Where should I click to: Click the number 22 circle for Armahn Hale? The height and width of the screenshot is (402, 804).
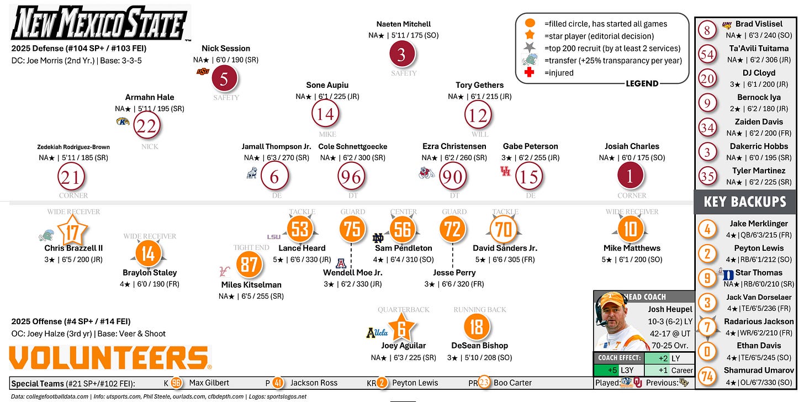[147, 126]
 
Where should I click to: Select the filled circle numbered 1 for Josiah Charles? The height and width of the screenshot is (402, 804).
[630, 177]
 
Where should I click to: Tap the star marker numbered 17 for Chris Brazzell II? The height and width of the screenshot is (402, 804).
[72, 231]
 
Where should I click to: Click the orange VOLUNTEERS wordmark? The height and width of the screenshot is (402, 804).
[110, 358]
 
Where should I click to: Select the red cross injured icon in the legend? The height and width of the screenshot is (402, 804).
[530, 72]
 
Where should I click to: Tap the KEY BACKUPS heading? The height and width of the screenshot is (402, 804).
[744, 202]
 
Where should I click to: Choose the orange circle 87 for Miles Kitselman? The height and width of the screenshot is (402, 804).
[247, 265]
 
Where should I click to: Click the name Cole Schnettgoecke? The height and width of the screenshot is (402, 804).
[353, 146]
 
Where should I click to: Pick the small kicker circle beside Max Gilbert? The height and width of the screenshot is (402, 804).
[176, 383]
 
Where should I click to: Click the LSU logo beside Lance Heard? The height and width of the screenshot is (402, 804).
[274, 236]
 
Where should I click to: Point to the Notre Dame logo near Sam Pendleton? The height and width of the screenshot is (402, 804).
[379, 239]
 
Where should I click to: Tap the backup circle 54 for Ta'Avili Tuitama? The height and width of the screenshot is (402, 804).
[707, 54]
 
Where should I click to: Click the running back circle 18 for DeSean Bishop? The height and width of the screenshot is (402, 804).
[476, 326]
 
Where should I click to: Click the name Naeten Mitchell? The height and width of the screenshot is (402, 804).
[403, 24]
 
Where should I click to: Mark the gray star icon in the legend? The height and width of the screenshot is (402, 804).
[530, 48]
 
